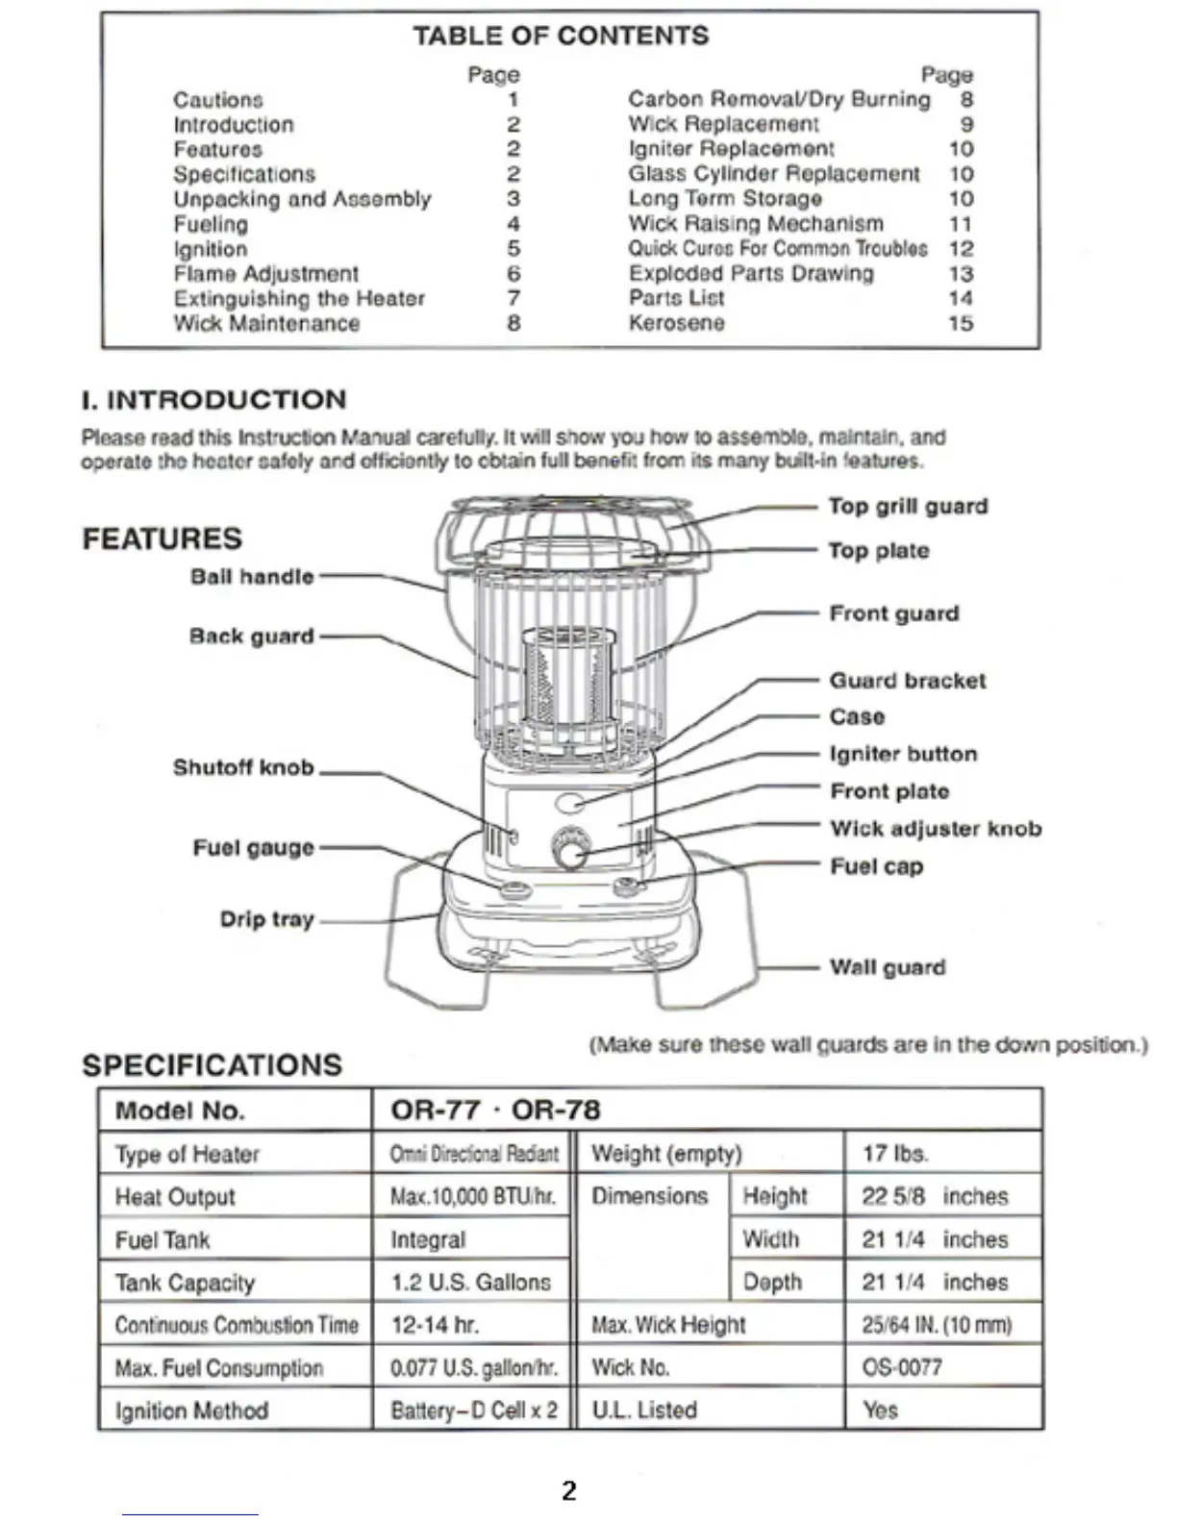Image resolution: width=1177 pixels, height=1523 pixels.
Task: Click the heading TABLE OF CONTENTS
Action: pos(561,36)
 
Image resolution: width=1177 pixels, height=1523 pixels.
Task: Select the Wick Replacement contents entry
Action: pos(723,124)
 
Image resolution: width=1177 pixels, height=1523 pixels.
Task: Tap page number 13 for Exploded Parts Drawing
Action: pos(961,274)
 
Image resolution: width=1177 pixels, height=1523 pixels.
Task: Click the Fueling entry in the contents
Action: pos(211,224)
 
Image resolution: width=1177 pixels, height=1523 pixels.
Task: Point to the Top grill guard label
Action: pos(908,507)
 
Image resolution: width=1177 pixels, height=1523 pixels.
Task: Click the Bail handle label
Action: pos(252,577)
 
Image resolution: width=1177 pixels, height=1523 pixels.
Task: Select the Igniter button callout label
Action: pos(903,754)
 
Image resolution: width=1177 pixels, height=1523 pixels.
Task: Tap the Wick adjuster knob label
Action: pos(936,829)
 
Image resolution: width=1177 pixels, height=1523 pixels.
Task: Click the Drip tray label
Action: pos(266,919)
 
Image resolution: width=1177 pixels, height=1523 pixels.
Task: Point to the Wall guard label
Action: pos(888,967)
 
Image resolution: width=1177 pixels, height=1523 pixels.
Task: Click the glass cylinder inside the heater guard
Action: pos(567,678)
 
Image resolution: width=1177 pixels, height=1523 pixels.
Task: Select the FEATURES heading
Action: pos(162,538)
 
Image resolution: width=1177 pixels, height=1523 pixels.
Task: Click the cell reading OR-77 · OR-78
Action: pos(495,1110)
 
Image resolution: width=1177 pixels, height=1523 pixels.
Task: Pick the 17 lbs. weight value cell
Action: pos(894,1153)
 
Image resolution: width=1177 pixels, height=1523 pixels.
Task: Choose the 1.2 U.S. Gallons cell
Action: pos(470,1282)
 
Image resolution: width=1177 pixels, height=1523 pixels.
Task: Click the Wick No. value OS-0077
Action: pos(902,1367)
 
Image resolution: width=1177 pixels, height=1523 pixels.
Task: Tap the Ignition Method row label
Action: pos(191,1411)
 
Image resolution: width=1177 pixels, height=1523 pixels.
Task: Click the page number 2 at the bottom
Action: pos(569,1491)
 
